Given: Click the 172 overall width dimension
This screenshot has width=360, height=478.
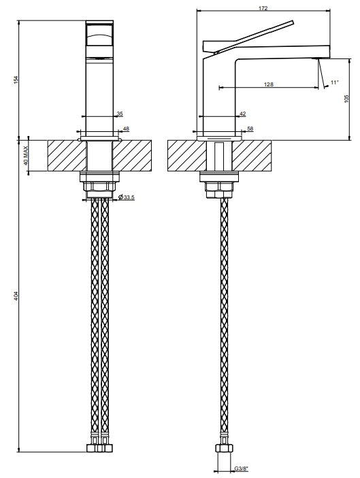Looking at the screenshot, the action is coord(263,8).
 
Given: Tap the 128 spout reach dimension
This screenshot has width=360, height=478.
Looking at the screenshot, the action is coord(269,84).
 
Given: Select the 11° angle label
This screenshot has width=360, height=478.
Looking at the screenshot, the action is coord(335,82).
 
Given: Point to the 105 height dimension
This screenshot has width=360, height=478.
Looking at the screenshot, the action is coord(346,99).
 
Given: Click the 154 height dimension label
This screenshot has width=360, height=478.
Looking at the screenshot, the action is coord(16,80).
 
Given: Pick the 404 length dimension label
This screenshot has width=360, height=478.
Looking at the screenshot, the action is coord(16,296).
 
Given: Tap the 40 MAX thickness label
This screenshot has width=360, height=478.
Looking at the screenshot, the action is coord(26,156).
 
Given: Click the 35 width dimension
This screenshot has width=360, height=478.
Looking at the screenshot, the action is coord(120,114).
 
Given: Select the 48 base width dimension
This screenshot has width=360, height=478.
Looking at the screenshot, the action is coord(126,129).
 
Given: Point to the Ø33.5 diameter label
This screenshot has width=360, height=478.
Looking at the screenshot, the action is coord(126,198).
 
